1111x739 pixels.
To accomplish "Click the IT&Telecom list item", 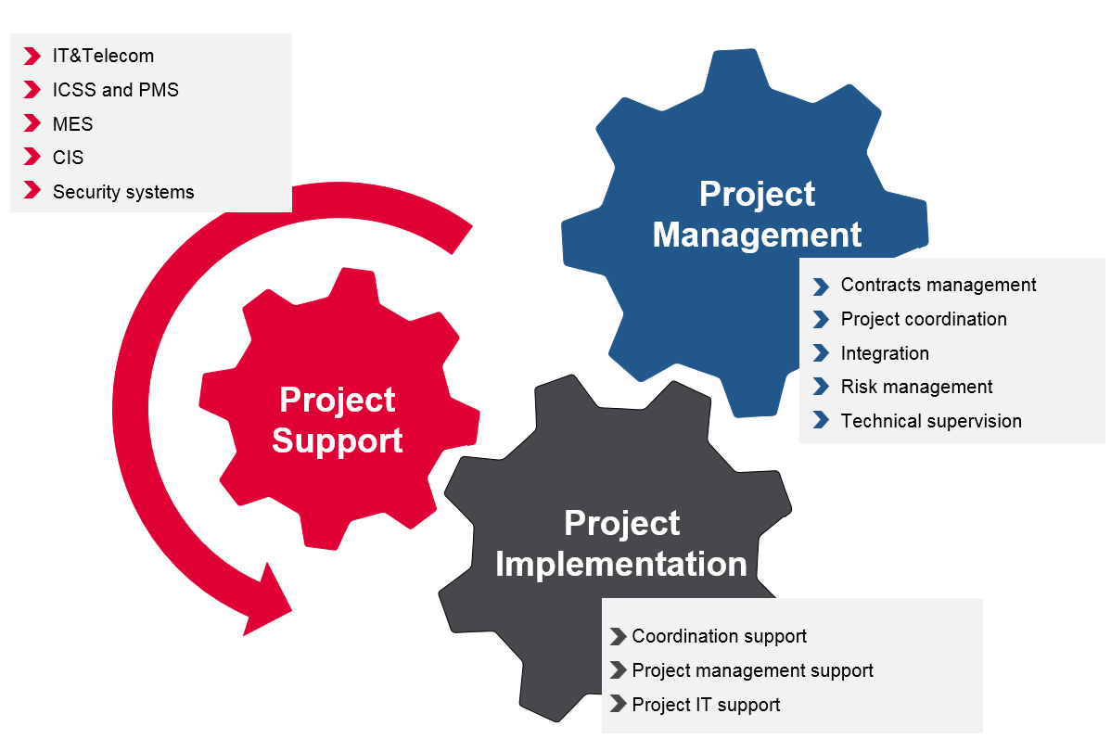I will click(103, 56).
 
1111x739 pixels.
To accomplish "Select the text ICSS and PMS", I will click(115, 90).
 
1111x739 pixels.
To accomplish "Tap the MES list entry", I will click(72, 124).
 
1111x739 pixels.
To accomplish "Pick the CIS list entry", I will click(68, 158).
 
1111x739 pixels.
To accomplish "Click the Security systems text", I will click(123, 192).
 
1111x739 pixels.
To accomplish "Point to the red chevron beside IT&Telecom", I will click(33, 56).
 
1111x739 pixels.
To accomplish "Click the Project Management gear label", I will click(757, 214).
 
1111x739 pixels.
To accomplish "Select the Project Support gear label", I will click(338, 420).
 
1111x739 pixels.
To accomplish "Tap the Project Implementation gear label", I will click(621, 543).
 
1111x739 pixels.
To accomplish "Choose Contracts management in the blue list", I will click(939, 285).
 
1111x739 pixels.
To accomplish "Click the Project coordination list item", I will click(924, 319).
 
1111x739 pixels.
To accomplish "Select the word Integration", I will click(885, 353).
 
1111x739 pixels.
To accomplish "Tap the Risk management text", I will click(916, 387).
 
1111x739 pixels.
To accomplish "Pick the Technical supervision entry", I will click(931, 421).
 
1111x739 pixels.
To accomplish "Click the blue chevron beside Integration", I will click(821, 353).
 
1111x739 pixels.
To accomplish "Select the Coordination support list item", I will click(719, 636).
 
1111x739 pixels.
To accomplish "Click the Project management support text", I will click(752, 670).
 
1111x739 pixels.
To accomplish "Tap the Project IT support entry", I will click(706, 705).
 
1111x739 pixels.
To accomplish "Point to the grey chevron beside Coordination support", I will click(619, 636).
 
